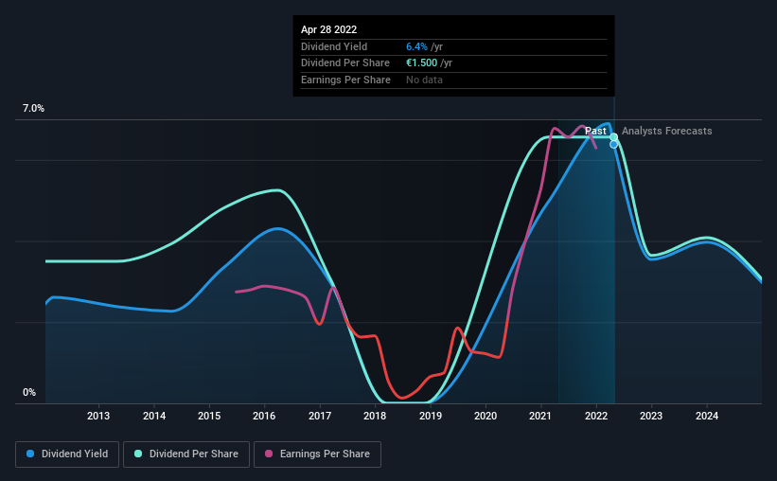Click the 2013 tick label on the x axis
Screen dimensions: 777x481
coord(98,416)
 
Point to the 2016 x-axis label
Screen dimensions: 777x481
coord(264,416)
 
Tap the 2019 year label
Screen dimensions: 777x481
coord(430,416)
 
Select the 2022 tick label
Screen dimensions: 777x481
coord(596,416)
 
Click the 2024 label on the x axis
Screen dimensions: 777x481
coord(707,416)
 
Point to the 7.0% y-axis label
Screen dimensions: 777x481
coord(33,108)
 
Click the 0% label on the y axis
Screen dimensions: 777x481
coord(29,392)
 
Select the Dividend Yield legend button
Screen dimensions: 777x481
coord(67,454)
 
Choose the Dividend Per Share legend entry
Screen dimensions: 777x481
coord(186,454)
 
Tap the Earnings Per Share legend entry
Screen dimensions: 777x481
coord(317,454)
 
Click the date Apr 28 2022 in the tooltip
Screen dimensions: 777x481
coord(328,29)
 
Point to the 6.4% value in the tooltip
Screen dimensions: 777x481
coord(416,46)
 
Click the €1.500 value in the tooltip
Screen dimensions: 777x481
coord(422,63)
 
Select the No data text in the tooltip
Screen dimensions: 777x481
coord(424,80)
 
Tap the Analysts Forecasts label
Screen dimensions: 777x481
coord(666,131)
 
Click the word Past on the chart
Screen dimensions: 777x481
coord(595,131)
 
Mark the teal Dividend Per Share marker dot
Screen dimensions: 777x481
coord(613,137)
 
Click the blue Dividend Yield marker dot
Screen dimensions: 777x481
coord(613,144)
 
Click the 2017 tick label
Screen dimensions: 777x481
coord(320,416)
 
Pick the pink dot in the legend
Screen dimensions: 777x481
coord(269,454)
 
